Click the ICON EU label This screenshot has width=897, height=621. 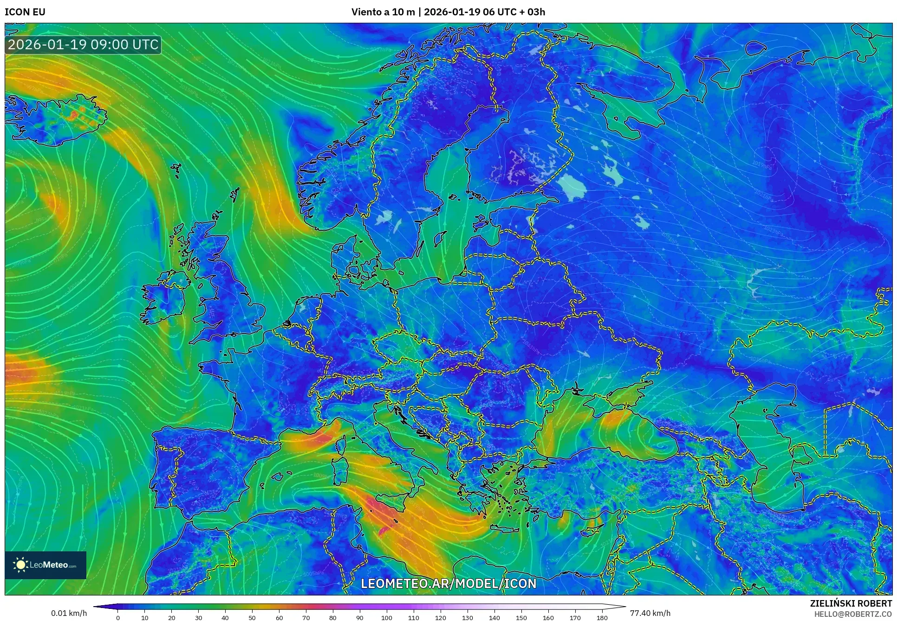point(25,12)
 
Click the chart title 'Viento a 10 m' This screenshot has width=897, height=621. point(383,12)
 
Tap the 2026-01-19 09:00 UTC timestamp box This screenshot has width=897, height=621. point(84,45)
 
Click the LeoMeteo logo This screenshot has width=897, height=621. point(45,565)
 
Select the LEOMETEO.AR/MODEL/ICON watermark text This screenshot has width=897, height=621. point(448,583)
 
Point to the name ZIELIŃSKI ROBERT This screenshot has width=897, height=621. point(851,603)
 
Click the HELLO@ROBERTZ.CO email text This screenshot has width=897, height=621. point(853,614)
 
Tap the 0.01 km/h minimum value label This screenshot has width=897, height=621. point(69,613)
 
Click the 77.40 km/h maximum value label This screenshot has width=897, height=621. point(650,613)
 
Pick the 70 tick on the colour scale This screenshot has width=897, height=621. point(306,617)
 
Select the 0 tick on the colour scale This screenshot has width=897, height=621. point(118,617)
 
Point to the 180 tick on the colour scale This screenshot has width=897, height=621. point(602,617)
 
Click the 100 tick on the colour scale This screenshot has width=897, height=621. point(387,617)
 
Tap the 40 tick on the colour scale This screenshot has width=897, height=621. point(225,617)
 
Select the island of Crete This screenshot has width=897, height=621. point(508,529)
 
